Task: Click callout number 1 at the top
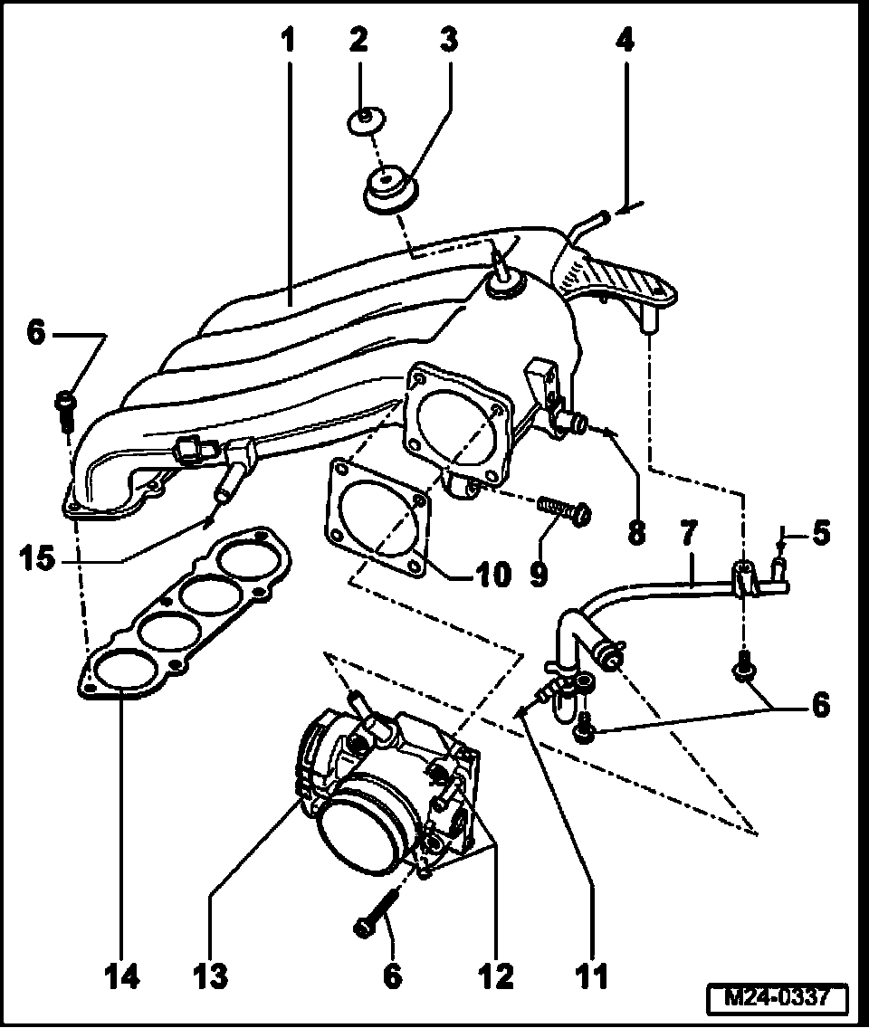pyautogui.click(x=288, y=40)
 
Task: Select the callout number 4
pyautogui.click(x=625, y=40)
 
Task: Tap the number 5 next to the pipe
pyautogui.click(x=820, y=532)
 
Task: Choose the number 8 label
pyautogui.click(x=636, y=532)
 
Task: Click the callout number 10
pyautogui.click(x=494, y=575)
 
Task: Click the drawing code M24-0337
pyautogui.click(x=778, y=998)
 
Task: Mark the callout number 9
pyautogui.click(x=540, y=575)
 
